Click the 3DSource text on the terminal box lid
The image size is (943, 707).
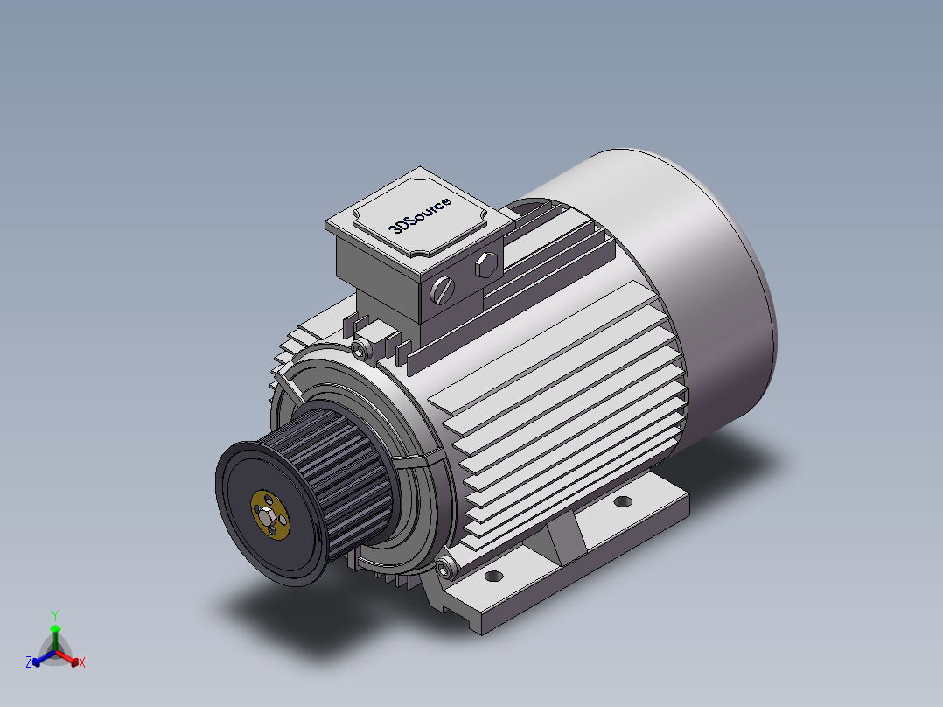(x=421, y=215)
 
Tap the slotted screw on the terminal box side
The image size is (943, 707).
(x=444, y=290)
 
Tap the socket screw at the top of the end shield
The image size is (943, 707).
(x=360, y=350)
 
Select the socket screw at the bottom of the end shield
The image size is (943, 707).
(x=447, y=569)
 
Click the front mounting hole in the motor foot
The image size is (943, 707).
(x=494, y=577)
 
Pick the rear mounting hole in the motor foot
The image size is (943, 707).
(x=622, y=502)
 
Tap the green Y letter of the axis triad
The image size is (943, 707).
(x=54, y=615)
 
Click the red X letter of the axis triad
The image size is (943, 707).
(x=82, y=663)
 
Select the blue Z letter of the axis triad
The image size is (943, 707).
(x=29, y=663)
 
